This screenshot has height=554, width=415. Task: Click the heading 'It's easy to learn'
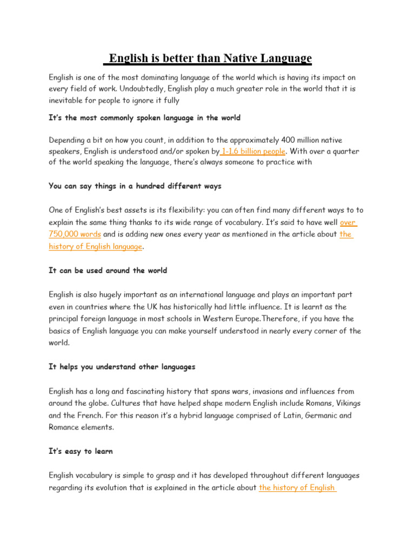[81, 451]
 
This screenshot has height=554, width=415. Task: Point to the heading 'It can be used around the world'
[108, 271]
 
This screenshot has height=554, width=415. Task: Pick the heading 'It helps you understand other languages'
[122, 367]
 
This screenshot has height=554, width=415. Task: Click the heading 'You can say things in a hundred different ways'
[135, 186]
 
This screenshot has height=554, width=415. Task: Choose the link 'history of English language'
[96, 246]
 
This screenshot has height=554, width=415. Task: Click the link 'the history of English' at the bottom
[298, 487]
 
